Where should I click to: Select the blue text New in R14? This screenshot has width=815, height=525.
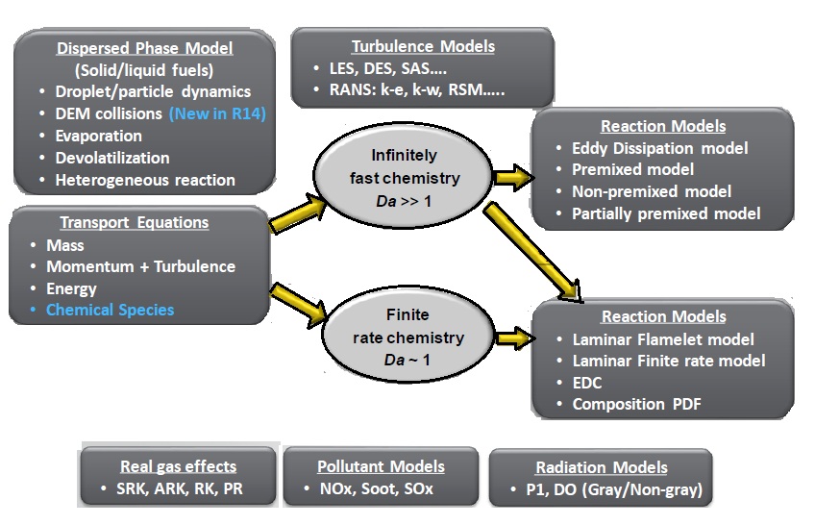pyautogui.click(x=221, y=113)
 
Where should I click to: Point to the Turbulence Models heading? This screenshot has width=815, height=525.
pyautogui.click(x=423, y=45)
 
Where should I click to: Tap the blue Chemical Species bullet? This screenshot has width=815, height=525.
pyautogui.click(x=110, y=310)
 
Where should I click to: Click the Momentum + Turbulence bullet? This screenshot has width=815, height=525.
pyautogui.click(x=140, y=266)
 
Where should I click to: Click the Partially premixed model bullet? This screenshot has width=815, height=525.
pyautogui.click(x=667, y=212)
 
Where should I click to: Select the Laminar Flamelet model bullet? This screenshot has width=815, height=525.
pyautogui.click(x=663, y=339)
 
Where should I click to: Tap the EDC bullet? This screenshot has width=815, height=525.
pyautogui.click(x=586, y=383)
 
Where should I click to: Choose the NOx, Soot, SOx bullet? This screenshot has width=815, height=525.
pyautogui.click(x=379, y=489)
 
